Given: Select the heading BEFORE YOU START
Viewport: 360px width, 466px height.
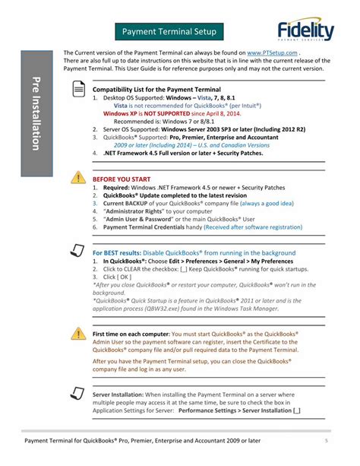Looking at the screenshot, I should (121, 179).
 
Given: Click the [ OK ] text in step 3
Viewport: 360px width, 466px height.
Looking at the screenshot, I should (122, 277).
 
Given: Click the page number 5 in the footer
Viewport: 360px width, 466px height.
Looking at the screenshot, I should (326, 440).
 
